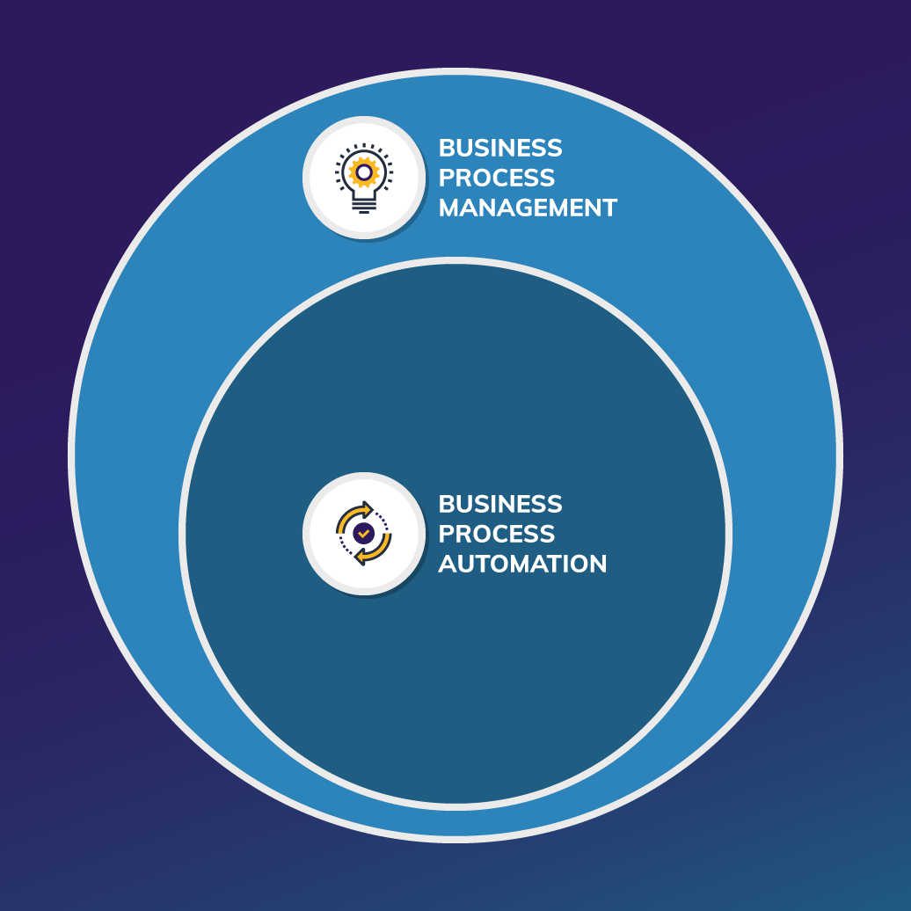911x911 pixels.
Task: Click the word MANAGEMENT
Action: pyautogui.click(x=528, y=208)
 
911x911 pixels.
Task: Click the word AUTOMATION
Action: pyautogui.click(x=522, y=564)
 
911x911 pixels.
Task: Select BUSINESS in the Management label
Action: pyautogui.click(x=500, y=148)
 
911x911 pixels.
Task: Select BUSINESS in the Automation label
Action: pyautogui.click(x=500, y=504)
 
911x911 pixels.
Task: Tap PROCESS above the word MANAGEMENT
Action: pyautogui.click(x=497, y=178)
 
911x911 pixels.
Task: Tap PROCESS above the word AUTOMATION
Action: pyautogui.click(x=497, y=534)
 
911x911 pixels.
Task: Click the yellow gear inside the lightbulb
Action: pyautogui.click(x=363, y=172)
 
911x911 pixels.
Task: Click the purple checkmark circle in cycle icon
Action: pyautogui.click(x=363, y=533)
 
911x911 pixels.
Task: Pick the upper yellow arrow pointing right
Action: pyautogui.click(x=356, y=513)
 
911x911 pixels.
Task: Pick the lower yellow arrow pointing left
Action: pyautogui.click(x=371, y=554)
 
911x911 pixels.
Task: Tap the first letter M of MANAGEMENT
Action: pyautogui.click(x=451, y=208)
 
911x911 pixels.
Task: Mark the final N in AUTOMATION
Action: pyautogui.click(x=597, y=564)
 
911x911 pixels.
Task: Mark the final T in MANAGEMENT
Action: pyautogui.click(x=609, y=208)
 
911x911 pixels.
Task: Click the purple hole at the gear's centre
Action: pyautogui.click(x=363, y=172)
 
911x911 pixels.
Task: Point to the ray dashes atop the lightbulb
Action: pyautogui.click(x=363, y=146)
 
